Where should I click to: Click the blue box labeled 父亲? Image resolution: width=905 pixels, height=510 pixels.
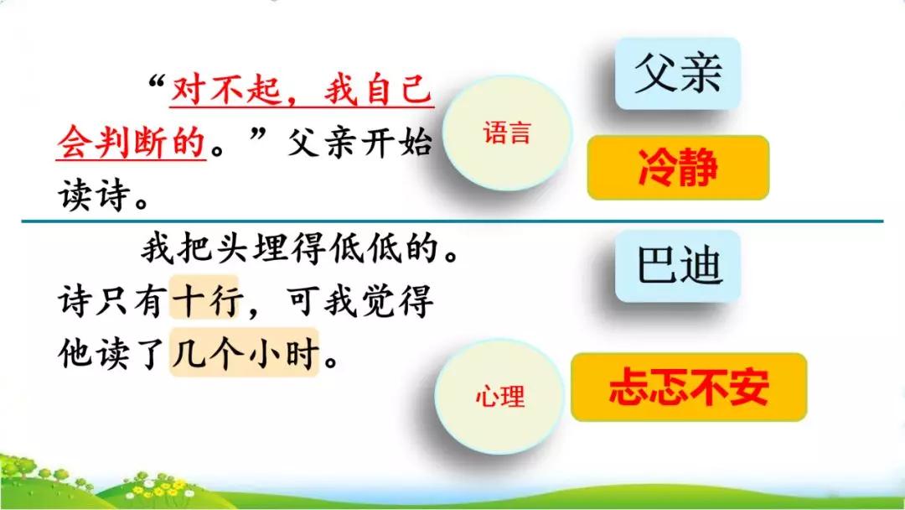pyautogui.click(x=678, y=73)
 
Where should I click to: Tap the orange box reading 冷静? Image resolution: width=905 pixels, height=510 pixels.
pyautogui.click(x=678, y=168)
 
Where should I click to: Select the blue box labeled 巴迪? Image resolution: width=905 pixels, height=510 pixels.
pyautogui.click(x=678, y=266)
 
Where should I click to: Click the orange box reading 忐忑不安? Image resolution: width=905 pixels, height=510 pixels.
pyautogui.click(x=689, y=387)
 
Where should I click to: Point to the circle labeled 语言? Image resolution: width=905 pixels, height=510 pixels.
pyautogui.click(x=507, y=133)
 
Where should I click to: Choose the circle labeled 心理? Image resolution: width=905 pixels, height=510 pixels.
pyautogui.click(x=499, y=396)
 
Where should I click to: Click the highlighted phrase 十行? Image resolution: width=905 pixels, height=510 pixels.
pyautogui.click(x=204, y=299)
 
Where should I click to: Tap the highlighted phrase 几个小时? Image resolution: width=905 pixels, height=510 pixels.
pyautogui.click(x=244, y=352)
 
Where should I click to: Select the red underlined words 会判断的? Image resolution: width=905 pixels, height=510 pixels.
pyautogui.click(x=132, y=142)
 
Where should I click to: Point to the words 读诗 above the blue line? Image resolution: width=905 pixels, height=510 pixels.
pyautogui.click(x=94, y=195)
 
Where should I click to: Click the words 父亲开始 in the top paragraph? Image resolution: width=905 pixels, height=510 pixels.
pyautogui.click(x=359, y=142)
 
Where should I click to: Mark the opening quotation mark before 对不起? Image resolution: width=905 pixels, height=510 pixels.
pyautogui.click(x=158, y=83)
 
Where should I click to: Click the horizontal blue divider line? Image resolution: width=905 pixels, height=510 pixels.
pyautogui.click(x=452, y=221)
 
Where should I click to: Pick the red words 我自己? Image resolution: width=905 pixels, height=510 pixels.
pyautogui.click(x=377, y=91)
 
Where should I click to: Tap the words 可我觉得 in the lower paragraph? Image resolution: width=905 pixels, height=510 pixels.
pyautogui.click(x=359, y=300)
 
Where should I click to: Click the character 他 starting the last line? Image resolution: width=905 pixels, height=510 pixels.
pyautogui.click(x=75, y=353)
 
